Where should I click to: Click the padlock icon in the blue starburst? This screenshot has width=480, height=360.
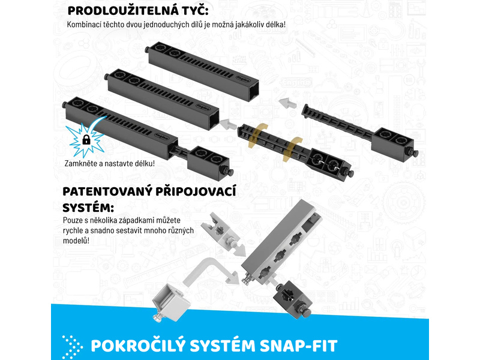tap(86, 140)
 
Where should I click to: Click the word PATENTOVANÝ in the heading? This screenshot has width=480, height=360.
tap(107, 191)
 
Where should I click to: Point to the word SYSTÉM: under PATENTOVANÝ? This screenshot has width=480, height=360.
tap(88, 208)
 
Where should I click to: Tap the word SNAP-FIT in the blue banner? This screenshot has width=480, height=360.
tap(298, 346)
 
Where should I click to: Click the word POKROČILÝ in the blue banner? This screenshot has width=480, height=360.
tap(139, 346)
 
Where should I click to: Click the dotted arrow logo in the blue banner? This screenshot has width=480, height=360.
tap(72, 347)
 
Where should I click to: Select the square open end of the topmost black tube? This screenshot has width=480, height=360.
tap(252, 91)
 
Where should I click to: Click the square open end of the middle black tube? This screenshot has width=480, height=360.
tap(213, 118)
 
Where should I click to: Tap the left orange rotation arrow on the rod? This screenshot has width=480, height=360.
tap(257, 135)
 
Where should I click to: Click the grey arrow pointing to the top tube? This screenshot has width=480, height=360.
tap(287, 103)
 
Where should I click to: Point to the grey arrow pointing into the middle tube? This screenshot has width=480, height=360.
tap(229, 124)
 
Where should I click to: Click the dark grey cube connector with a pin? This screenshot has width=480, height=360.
tap(292, 300)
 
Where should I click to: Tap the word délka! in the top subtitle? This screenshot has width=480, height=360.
tap(275, 25)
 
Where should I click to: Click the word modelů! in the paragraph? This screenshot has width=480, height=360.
tap(76, 241)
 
